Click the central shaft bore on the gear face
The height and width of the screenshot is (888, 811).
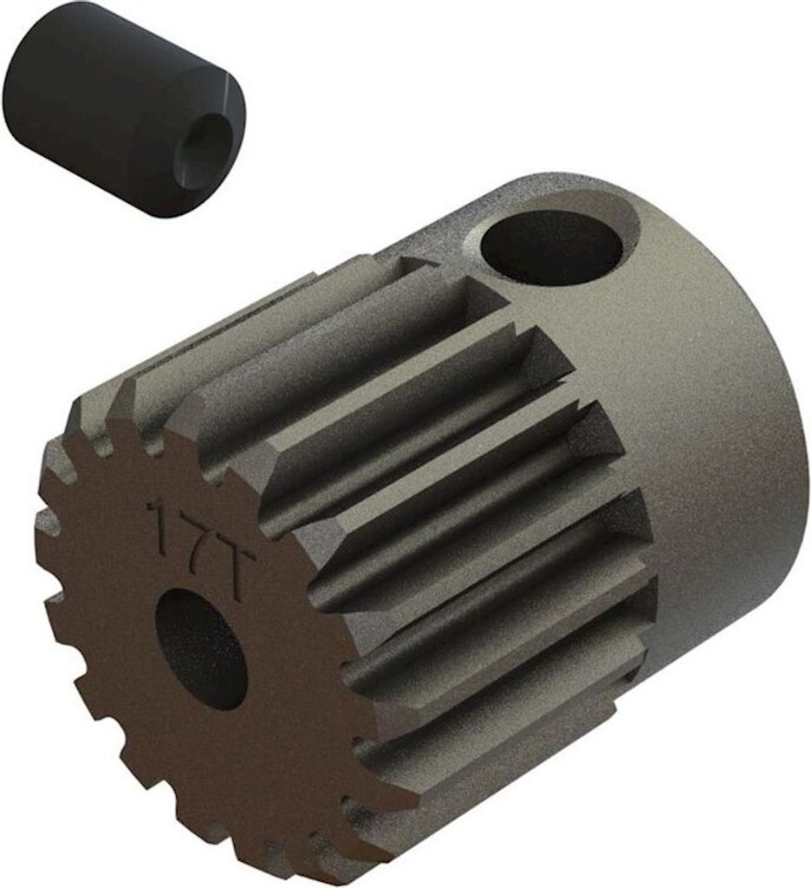[x=203, y=649]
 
